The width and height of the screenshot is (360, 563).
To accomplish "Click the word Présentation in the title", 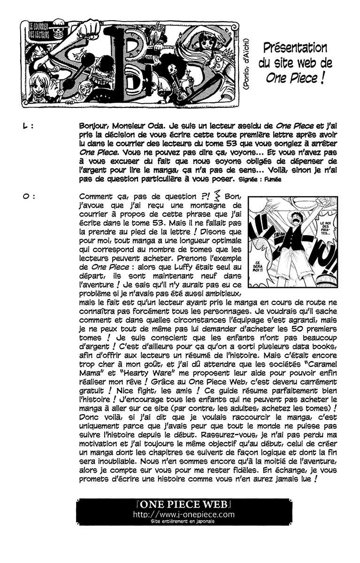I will click(295, 47).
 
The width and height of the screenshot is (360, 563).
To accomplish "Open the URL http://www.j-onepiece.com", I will click(183, 514).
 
